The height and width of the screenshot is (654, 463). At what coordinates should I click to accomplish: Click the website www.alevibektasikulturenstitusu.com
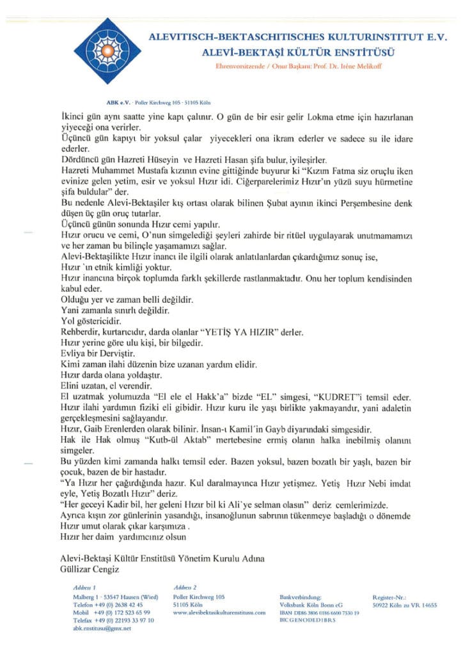coord(219,612)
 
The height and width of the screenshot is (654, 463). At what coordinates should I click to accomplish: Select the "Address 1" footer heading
coord(85,587)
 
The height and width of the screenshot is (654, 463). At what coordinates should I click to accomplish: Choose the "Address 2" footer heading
coord(185,587)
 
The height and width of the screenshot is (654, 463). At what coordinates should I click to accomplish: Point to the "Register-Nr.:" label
coord(388,596)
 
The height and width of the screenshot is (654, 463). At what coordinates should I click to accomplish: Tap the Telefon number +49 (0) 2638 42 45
coord(108,604)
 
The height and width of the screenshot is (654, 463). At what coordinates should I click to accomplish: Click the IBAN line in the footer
coord(319,612)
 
